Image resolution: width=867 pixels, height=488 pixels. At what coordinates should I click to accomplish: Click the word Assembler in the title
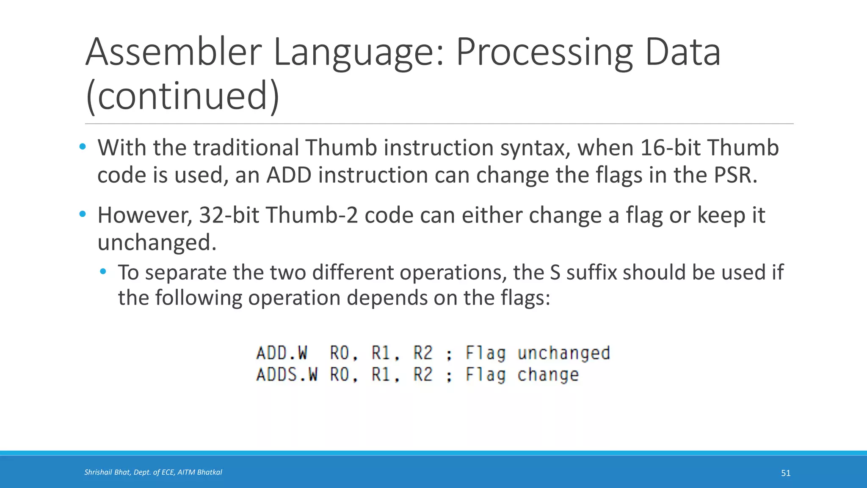(174, 53)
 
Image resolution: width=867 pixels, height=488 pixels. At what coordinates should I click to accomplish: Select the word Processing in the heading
(544, 53)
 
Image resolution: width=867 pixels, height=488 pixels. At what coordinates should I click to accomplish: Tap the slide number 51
(786, 473)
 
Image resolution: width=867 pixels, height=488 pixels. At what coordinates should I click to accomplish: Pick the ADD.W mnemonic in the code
(282, 353)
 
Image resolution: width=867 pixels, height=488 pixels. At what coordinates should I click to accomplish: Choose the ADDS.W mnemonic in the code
(287, 375)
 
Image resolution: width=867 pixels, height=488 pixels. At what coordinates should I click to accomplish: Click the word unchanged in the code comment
(563, 353)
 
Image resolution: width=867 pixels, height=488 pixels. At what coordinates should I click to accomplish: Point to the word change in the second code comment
(548, 375)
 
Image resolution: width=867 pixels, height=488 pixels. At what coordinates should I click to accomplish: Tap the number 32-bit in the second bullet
(229, 215)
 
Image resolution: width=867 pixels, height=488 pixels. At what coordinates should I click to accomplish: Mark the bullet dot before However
(83, 214)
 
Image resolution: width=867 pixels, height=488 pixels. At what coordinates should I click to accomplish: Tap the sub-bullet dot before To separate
(103, 272)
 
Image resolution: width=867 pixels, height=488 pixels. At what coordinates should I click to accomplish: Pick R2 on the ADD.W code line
(423, 353)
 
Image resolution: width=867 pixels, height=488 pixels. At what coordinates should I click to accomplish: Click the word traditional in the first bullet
(246, 148)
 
